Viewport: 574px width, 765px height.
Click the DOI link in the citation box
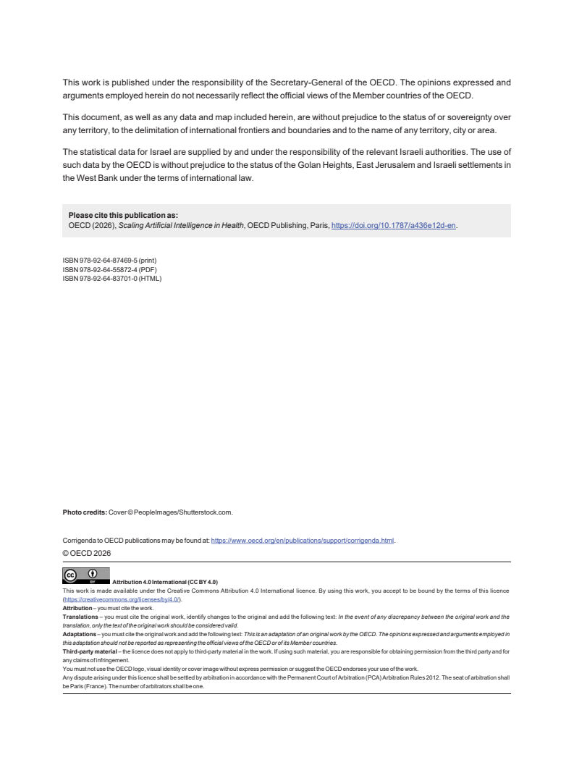[x=394, y=226]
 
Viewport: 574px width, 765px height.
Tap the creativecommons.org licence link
[x=122, y=600]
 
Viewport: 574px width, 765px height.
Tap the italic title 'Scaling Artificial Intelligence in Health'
[x=177, y=226]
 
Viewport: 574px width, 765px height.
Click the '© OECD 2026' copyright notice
[x=88, y=552]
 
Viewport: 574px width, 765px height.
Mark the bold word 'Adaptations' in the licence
[x=80, y=633]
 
